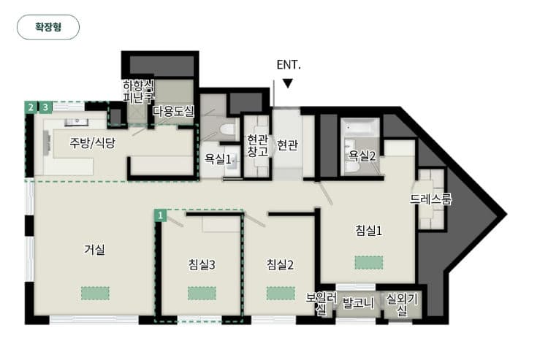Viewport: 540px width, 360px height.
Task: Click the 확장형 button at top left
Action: pos(48,27)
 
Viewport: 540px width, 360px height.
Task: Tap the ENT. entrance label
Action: pos(289,65)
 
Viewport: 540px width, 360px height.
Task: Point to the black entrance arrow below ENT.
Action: pos(288,83)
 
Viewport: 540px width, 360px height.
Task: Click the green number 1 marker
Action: pos(160,216)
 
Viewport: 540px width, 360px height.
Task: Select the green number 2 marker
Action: pos(31,107)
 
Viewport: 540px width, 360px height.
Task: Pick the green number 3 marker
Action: pos(45,107)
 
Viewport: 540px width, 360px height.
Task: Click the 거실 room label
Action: pos(94,249)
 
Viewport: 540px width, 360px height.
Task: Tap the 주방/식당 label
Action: pos(92,142)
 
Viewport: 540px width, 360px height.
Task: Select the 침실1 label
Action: pos(368,230)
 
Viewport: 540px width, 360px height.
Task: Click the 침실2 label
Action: pos(280,264)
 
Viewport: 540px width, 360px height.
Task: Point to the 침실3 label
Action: pos(202,264)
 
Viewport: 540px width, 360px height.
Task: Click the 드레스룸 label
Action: pos(430,199)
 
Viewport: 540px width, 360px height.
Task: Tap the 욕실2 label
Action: pos(362,156)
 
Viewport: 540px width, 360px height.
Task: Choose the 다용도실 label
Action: pos(174,111)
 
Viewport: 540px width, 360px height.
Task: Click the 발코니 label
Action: pos(358,303)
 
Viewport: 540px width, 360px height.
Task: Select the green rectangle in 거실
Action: pos(96,294)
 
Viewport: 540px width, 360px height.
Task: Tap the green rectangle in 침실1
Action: pos(369,263)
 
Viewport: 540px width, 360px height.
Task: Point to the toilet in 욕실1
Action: pos(227,130)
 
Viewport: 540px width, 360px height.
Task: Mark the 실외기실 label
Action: pos(402,305)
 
